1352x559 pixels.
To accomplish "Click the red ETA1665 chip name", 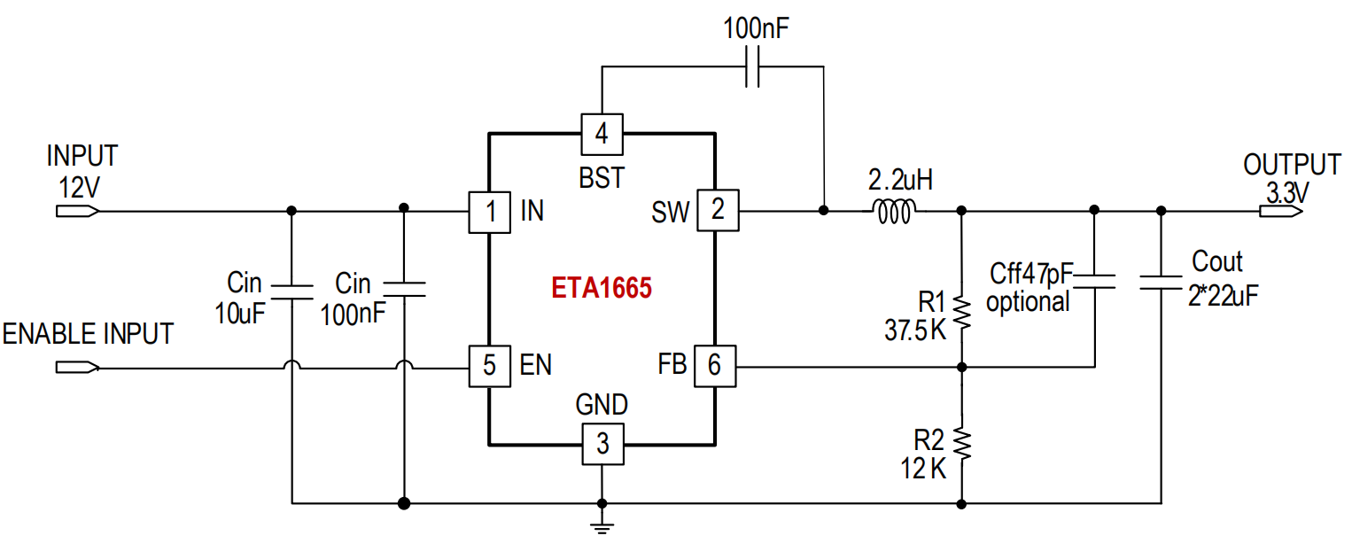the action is tap(602, 288).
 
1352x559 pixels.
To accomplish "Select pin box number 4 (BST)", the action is tap(602, 134).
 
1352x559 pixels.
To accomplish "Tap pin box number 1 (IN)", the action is tap(489, 212).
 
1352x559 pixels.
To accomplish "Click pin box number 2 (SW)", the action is tap(718, 210).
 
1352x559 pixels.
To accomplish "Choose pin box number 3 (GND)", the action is tap(603, 445).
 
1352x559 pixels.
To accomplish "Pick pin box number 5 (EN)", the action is tap(489, 366).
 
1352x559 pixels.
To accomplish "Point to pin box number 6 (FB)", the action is tap(715, 366).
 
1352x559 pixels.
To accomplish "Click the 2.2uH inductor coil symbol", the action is tap(895, 211).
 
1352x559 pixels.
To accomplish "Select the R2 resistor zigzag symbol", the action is tap(961, 444).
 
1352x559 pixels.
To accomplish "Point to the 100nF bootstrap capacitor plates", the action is tap(752, 66).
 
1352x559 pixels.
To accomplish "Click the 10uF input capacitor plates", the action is tap(291, 291).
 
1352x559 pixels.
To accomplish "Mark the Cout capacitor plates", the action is tap(1160, 282).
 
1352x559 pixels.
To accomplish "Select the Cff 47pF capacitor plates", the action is tap(1094, 282).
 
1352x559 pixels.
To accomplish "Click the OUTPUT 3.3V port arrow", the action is tap(1281, 211).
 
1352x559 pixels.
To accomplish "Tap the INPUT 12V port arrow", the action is tap(77, 211).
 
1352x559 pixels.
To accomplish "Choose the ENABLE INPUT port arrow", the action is tap(77, 367).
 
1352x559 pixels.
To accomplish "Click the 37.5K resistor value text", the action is tap(915, 330).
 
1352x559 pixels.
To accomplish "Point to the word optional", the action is tap(1027, 301).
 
